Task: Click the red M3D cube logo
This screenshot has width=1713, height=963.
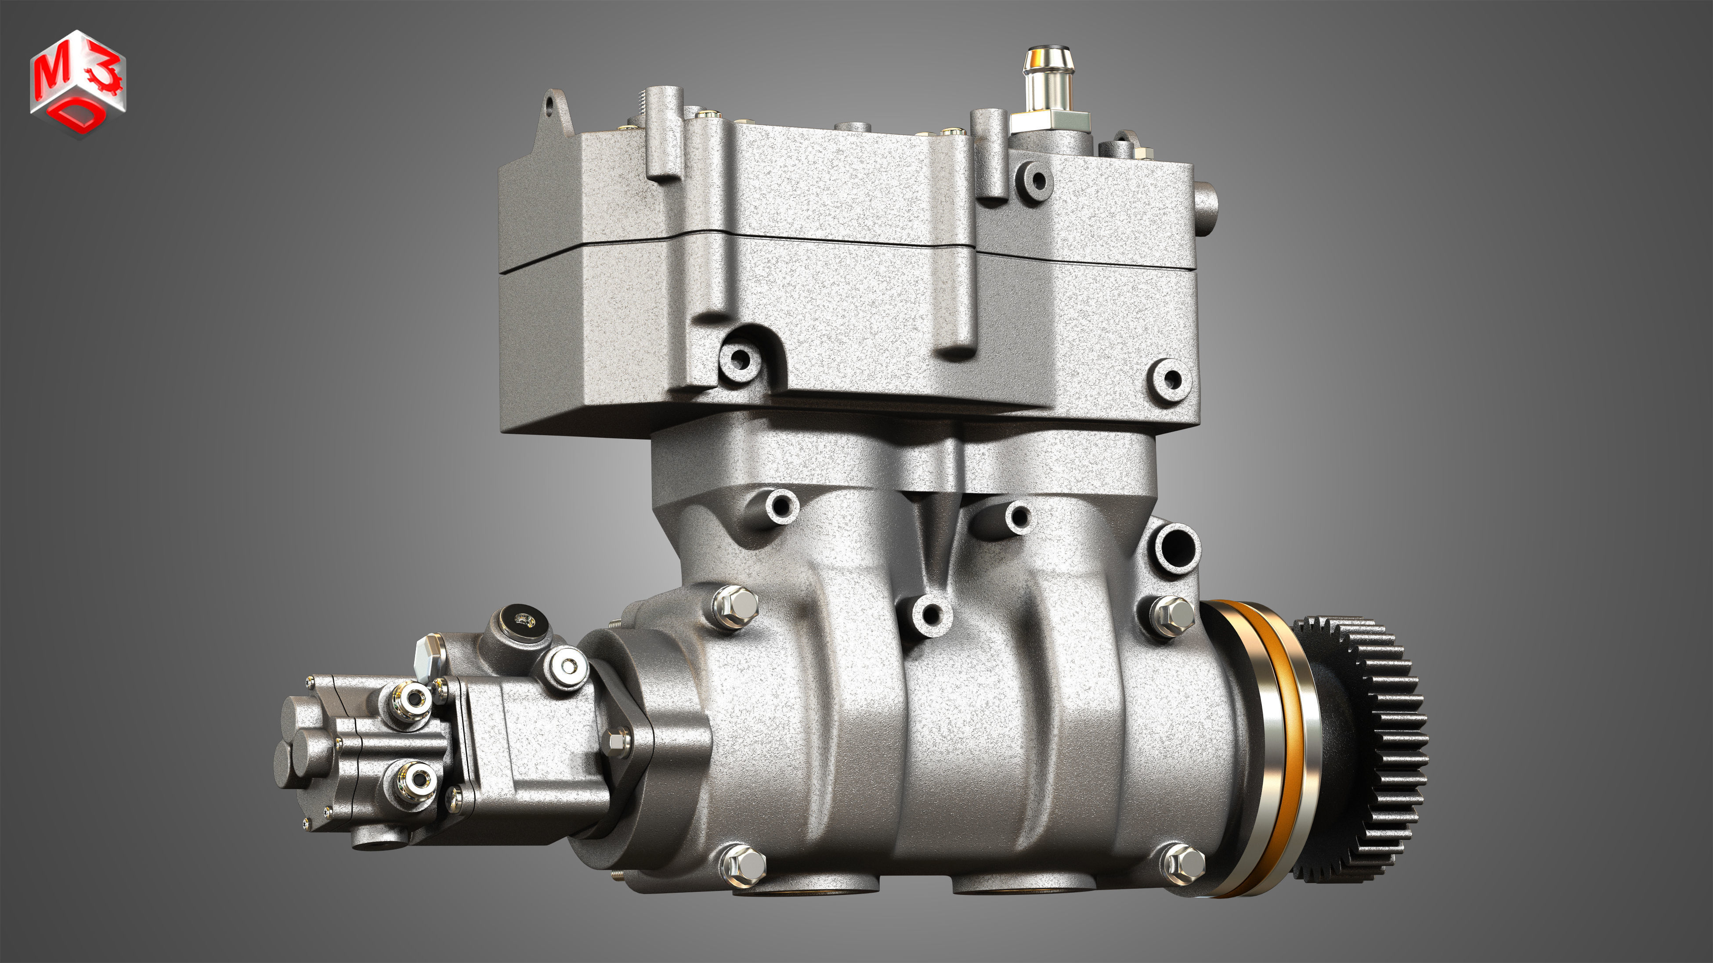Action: tap(78, 83)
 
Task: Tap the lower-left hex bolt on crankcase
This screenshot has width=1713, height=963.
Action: tap(744, 864)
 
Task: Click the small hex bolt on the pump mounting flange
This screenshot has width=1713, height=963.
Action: tap(617, 739)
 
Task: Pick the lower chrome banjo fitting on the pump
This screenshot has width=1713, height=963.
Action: tap(415, 778)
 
